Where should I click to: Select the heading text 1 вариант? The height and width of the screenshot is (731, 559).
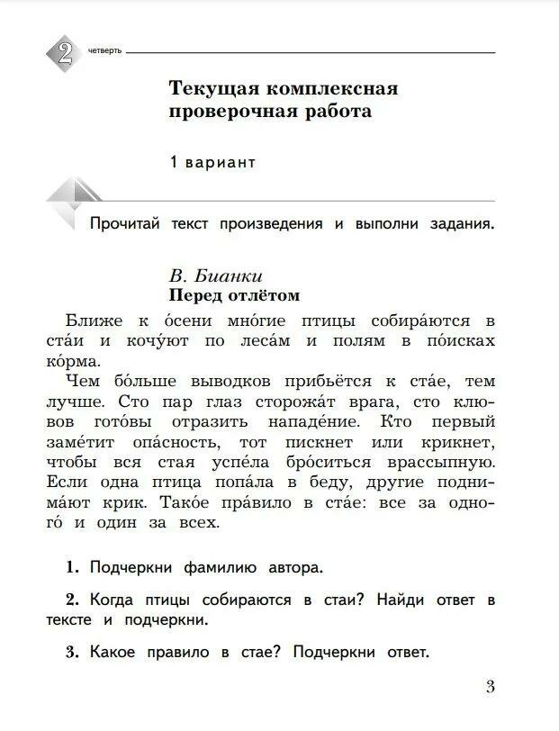[x=212, y=162]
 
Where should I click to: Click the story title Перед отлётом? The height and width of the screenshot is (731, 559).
[x=234, y=295]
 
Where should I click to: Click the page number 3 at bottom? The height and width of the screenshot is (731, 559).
[x=490, y=688]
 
